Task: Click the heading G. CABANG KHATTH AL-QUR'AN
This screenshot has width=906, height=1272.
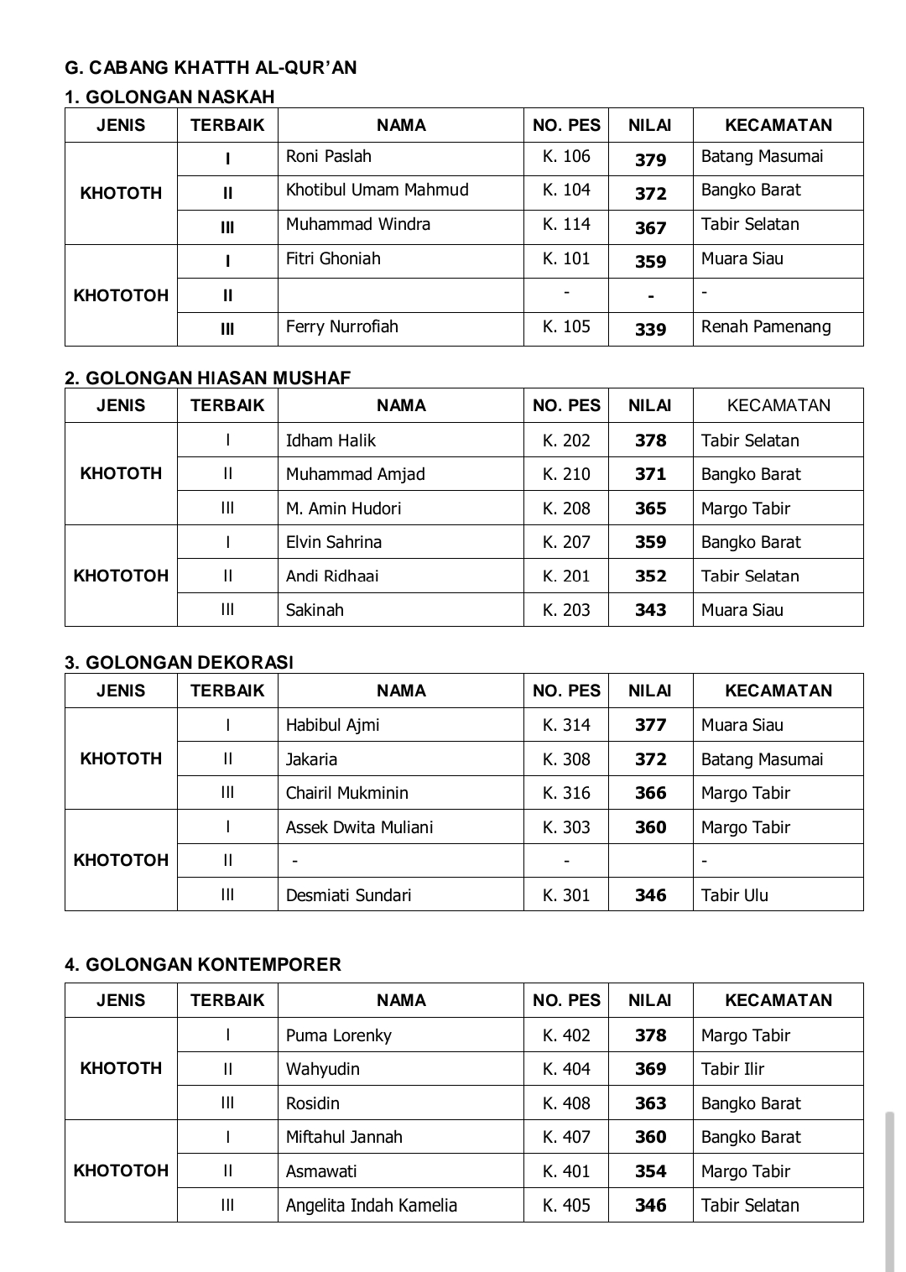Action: pyautogui.click(x=211, y=68)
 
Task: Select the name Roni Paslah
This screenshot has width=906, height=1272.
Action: pyautogui.click(x=328, y=157)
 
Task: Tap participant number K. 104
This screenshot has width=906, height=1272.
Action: pyautogui.click(x=566, y=190)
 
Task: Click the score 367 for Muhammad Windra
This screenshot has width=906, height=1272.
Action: pyautogui.click(x=650, y=227)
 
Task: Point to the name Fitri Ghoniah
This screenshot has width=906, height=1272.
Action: pyautogui.click(x=333, y=259)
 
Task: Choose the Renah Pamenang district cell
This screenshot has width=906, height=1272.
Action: pyautogui.click(x=766, y=327)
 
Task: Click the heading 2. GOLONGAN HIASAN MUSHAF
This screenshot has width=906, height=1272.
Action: pyautogui.click(x=207, y=378)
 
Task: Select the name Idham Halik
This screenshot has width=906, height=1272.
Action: pyautogui.click(x=331, y=441)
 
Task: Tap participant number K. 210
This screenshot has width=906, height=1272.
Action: pyautogui.click(x=566, y=474)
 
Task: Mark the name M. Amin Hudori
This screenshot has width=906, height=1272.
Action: pyautogui.click(x=343, y=508)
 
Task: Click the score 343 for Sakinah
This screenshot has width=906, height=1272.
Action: pyautogui.click(x=650, y=610)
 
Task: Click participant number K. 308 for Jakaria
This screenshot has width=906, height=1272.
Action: pyautogui.click(x=566, y=759)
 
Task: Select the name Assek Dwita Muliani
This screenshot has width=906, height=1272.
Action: pyautogui.click(x=359, y=827)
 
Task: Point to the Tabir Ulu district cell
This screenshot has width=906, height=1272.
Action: pyautogui.click(x=734, y=895)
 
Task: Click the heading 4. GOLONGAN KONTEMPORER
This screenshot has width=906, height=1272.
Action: pyautogui.click(x=203, y=965)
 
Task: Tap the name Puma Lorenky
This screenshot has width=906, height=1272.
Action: pyautogui.click(x=338, y=1035)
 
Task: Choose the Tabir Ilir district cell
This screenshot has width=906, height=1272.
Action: pyautogui.click(x=732, y=1069)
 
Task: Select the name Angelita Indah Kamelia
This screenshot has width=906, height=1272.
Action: pyautogui.click(x=371, y=1206)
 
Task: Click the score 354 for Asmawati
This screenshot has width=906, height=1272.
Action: pyautogui.click(x=650, y=1171)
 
